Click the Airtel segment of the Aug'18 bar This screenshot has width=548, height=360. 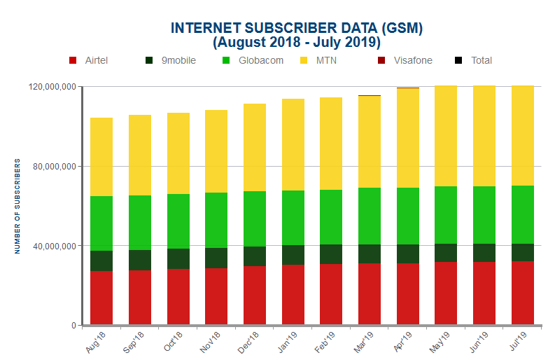coord(101,298)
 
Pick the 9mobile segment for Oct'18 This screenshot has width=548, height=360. coord(178,258)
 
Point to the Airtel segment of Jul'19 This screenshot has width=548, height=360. coord(523,293)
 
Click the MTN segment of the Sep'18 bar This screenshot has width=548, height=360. coord(140,155)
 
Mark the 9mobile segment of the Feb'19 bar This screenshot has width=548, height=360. coord(331,254)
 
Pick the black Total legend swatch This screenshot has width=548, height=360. coord(458,60)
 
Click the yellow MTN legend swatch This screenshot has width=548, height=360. coord(304,60)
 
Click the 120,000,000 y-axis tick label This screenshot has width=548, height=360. coord(51,87)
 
